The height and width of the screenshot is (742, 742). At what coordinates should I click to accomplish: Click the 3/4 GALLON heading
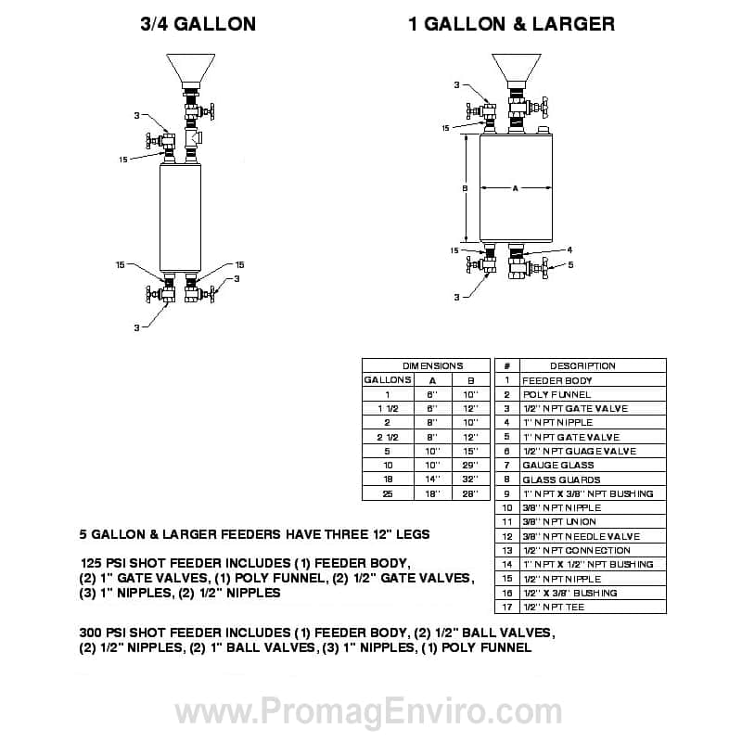click(198, 24)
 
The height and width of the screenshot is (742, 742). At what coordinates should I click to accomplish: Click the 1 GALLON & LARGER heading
click(512, 24)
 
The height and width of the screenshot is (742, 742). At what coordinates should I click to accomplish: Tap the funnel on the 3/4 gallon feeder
click(191, 70)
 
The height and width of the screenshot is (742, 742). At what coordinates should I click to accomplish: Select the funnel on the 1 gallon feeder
click(517, 68)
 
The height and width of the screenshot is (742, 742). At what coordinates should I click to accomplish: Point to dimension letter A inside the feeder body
click(516, 188)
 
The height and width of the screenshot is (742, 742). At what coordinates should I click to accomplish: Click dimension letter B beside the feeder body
click(466, 188)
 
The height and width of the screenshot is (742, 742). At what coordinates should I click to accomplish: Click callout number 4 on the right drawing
click(569, 249)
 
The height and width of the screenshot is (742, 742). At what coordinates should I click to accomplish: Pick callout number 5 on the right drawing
click(570, 265)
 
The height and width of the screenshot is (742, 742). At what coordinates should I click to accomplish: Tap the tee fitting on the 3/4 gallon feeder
click(194, 137)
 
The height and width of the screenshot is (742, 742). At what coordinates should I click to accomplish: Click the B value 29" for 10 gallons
click(470, 466)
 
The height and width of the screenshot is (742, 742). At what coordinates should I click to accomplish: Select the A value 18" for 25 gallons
click(432, 493)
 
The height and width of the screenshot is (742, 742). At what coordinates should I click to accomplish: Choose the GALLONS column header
click(388, 380)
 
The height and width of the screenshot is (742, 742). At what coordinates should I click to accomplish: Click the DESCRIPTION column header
click(582, 365)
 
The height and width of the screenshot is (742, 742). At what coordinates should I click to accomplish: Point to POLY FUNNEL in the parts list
click(556, 395)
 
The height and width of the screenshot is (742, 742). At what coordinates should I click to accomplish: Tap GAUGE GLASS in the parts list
click(558, 466)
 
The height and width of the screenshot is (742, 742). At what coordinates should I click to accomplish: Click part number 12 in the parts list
click(507, 536)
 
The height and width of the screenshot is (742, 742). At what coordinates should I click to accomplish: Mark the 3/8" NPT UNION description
click(559, 522)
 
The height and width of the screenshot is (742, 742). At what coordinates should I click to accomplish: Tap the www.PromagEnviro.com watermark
click(368, 711)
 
